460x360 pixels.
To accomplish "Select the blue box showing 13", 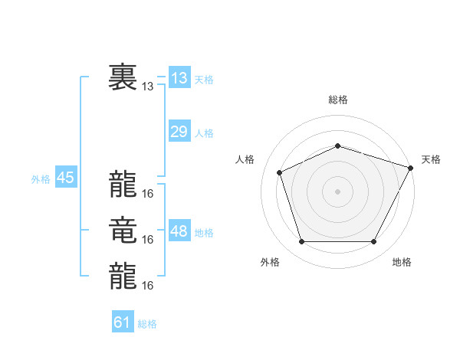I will tap(179, 78).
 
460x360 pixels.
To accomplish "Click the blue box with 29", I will tap(179, 132).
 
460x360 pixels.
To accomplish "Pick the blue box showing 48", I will tap(179, 231).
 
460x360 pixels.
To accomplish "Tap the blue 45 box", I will tap(65, 178).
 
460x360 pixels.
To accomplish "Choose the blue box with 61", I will tap(123, 322).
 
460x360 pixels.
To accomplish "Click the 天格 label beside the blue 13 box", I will tap(204, 80).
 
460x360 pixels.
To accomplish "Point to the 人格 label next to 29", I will tap(204, 133).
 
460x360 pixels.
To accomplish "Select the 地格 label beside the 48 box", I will tap(204, 233).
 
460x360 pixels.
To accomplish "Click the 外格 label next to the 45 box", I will tap(41, 179).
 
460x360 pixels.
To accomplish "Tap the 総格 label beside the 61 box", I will tap(147, 324).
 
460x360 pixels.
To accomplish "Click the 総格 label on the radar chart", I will tap(338, 100).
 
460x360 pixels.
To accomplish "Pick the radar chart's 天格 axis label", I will tap(431, 159).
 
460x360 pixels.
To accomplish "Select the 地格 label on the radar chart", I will tap(402, 262).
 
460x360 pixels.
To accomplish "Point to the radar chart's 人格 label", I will tap(245, 159).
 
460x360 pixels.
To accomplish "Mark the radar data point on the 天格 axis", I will tap(412, 167).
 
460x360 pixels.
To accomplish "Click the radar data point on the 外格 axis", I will tap(301, 242).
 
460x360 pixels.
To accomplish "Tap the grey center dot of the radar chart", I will tap(337, 191).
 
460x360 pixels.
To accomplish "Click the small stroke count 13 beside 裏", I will tap(148, 87).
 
